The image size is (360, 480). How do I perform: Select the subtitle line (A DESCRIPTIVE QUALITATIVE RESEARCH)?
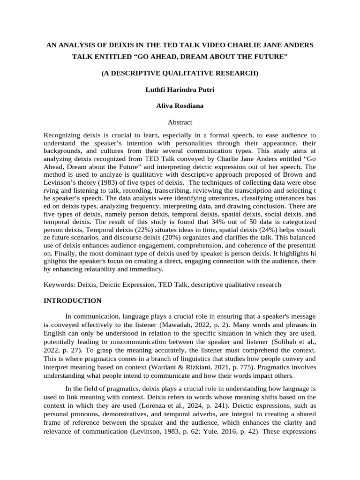tap(180, 74)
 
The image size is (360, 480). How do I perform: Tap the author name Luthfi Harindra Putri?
tap(180, 90)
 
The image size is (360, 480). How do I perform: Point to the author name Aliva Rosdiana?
tap(180, 106)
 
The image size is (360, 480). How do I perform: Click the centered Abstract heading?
tap(180, 122)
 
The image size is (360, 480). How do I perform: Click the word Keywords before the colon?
tap(58, 284)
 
